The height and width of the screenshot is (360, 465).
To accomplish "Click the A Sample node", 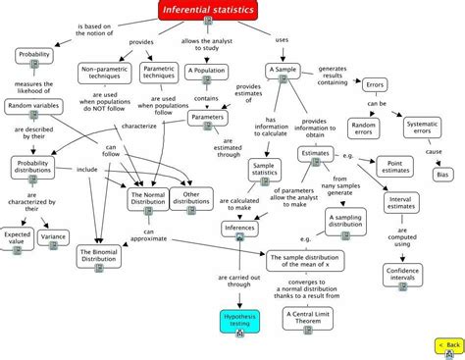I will [x=286, y=75].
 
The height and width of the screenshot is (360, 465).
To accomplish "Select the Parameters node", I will [x=207, y=119].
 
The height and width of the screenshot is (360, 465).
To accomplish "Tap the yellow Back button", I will [x=447, y=345].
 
